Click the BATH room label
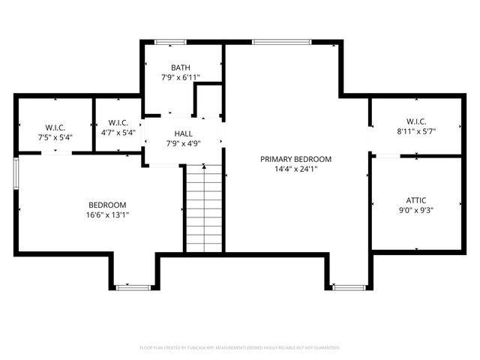(x=180, y=67)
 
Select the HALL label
(x=183, y=133)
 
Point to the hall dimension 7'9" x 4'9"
(x=183, y=142)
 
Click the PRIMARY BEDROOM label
(x=295, y=159)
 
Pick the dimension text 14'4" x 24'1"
(x=295, y=169)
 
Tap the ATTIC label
(x=416, y=200)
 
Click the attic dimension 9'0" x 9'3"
(x=416, y=211)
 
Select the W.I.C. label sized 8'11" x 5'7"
(x=416, y=121)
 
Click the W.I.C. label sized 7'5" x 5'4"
(x=54, y=127)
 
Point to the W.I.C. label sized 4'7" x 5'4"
(x=118, y=122)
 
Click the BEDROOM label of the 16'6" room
(x=107, y=205)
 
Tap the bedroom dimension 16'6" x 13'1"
(x=107, y=215)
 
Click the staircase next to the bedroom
(x=204, y=208)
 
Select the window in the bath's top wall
(x=170, y=42)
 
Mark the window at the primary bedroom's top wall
(x=271, y=42)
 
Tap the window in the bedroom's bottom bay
(x=133, y=286)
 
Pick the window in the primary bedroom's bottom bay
(x=349, y=286)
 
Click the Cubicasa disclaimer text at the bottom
(x=240, y=347)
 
